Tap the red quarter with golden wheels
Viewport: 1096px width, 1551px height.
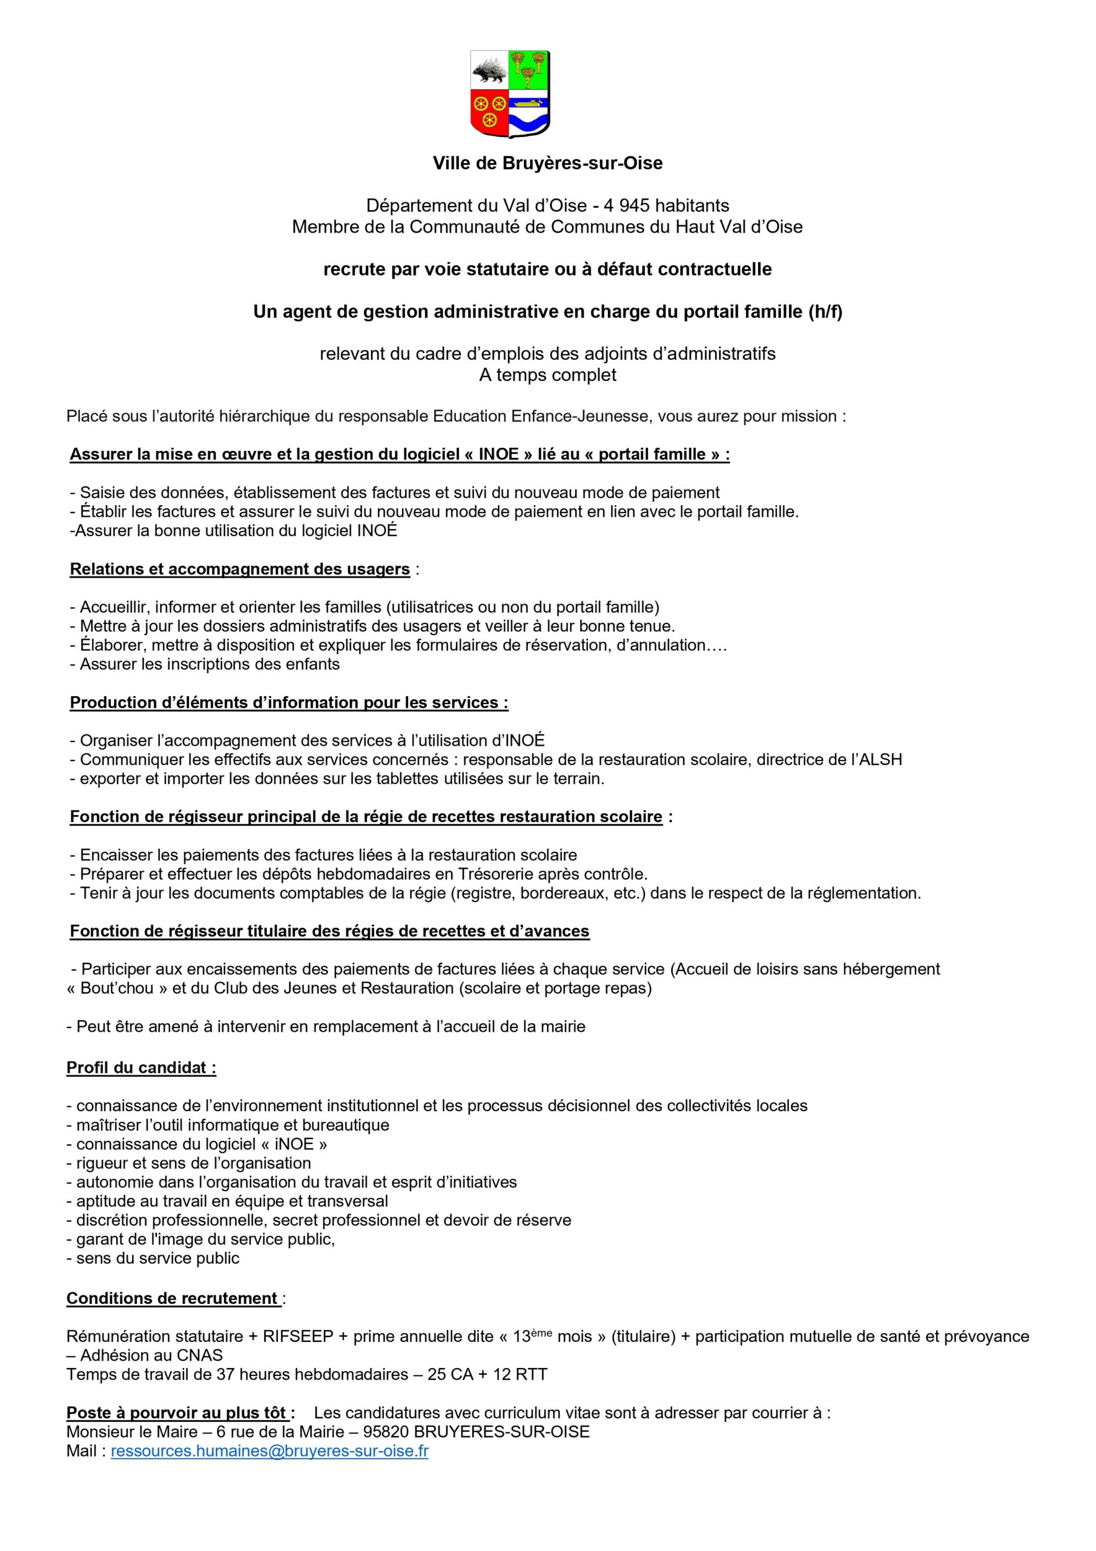point(489,111)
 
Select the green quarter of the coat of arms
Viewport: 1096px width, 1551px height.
point(529,69)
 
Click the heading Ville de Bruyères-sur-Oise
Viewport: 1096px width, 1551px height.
point(547,164)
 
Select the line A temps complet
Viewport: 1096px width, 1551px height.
point(547,375)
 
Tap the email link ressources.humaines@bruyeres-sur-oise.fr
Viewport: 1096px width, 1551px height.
point(269,1451)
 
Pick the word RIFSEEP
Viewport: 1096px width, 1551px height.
point(298,1337)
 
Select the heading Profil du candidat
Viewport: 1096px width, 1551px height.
point(141,1068)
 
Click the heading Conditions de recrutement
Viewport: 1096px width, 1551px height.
point(173,1298)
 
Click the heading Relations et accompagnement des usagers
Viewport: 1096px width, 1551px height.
point(240,569)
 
